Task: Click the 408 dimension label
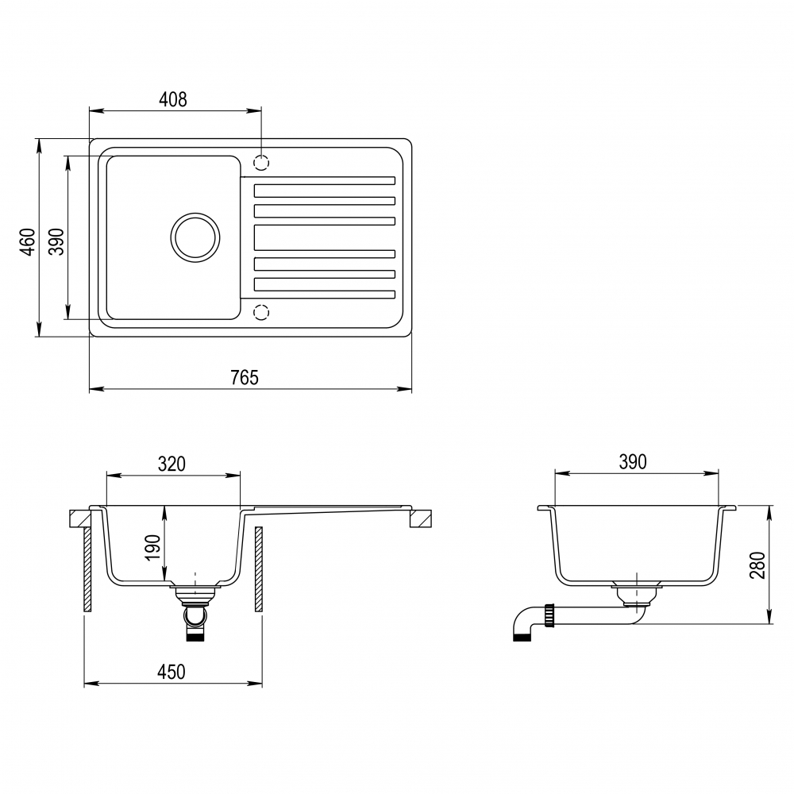[x=172, y=100]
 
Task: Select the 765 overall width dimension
[x=244, y=378]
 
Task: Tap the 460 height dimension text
[x=29, y=241]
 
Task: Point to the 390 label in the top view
[x=57, y=241]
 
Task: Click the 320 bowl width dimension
[x=172, y=464]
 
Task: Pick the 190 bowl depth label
[x=152, y=547]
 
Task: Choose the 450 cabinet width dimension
[x=172, y=672]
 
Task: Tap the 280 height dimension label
[x=758, y=565]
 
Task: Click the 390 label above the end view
[x=633, y=462]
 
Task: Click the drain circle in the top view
[x=195, y=237]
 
